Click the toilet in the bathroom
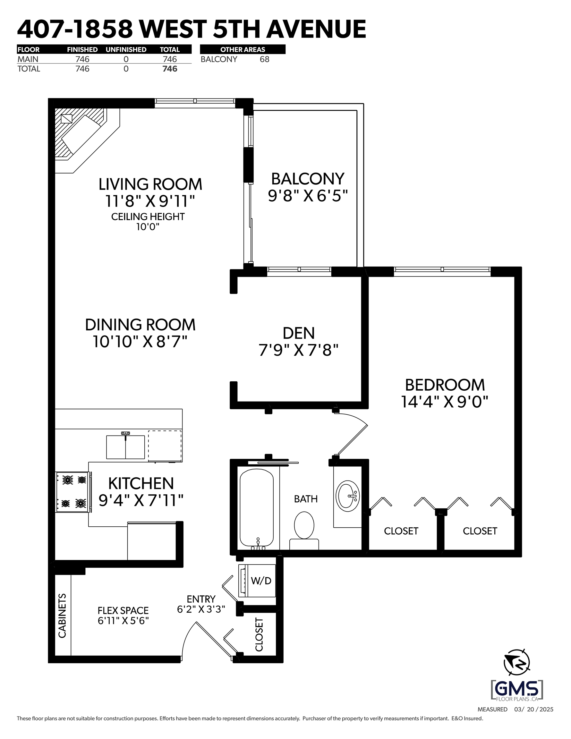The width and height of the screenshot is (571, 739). point(304,530)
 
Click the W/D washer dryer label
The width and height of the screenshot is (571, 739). point(261,581)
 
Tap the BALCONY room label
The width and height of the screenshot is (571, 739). point(308,179)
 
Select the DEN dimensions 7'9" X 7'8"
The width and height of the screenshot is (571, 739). point(299,350)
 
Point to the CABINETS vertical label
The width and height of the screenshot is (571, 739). point(62,616)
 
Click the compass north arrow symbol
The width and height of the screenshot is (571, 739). point(516,662)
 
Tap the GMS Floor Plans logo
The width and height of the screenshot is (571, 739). point(517,690)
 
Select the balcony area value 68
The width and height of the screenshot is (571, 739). point(264,59)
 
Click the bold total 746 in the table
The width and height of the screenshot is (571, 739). point(170,69)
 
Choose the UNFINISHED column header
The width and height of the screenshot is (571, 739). point(126,49)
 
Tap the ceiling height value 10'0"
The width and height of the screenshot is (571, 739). point(148,227)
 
